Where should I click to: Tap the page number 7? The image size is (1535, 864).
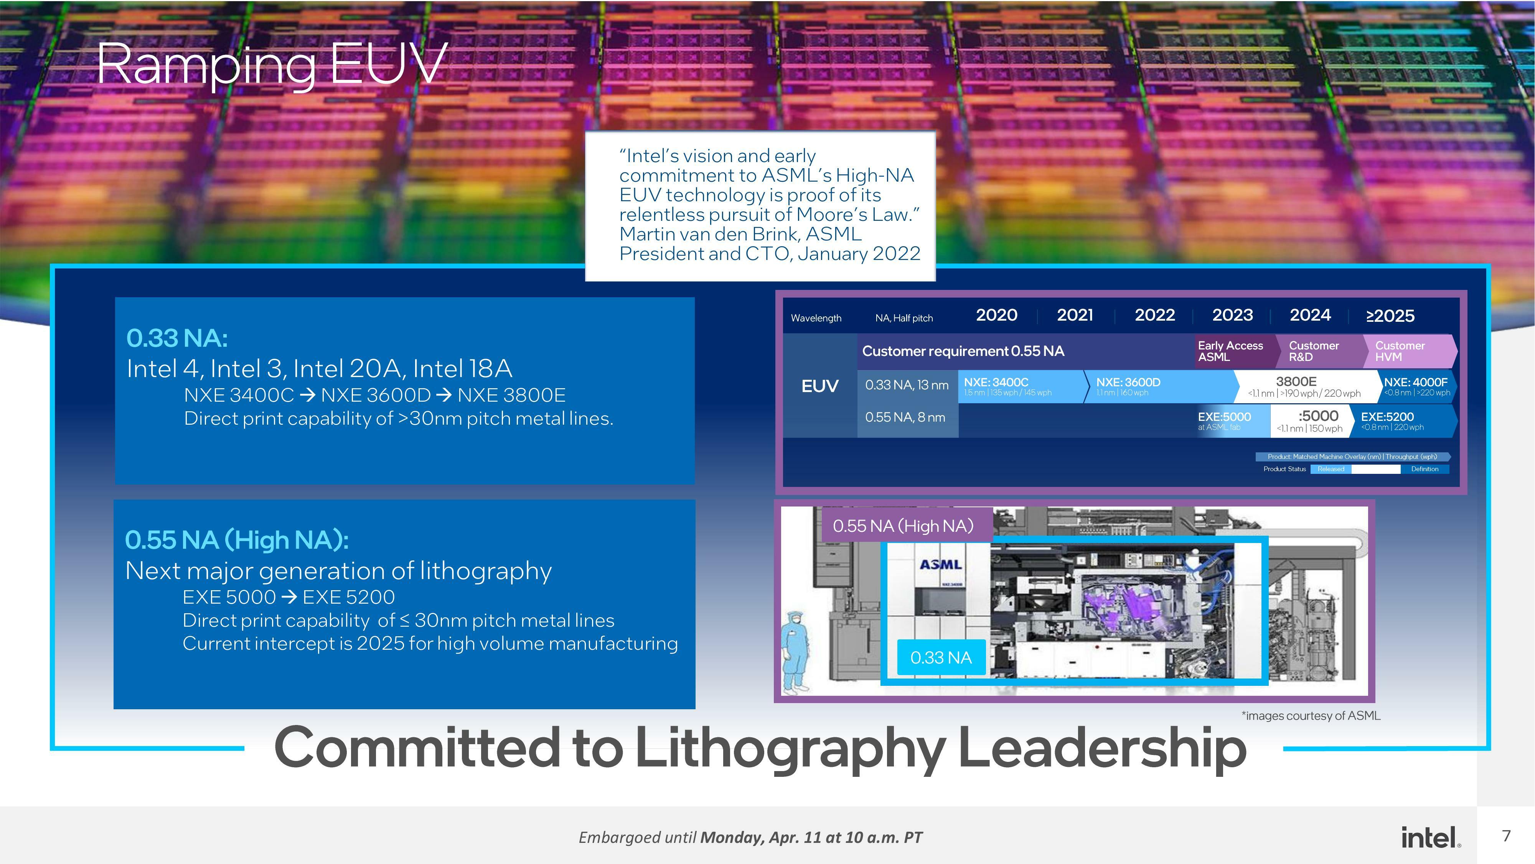click(x=1506, y=836)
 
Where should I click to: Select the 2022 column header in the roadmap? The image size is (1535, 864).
click(x=1154, y=315)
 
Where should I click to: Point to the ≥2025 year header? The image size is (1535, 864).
click(x=1390, y=316)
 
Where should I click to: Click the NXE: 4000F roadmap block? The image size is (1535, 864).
click(x=1416, y=386)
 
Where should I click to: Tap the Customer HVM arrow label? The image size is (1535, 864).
click(x=1406, y=351)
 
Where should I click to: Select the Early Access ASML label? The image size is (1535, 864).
click(x=1230, y=351)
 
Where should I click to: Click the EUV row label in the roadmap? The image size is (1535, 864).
click(x=819, y=386)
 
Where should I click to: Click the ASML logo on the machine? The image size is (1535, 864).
click(x=940, y=564)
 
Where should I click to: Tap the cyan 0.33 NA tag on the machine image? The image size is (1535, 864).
click(x=940, y=658)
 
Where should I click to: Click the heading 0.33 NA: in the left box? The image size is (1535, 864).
click(x=177, y=338)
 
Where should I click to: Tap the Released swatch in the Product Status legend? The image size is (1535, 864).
click(x=1331, y=469)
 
